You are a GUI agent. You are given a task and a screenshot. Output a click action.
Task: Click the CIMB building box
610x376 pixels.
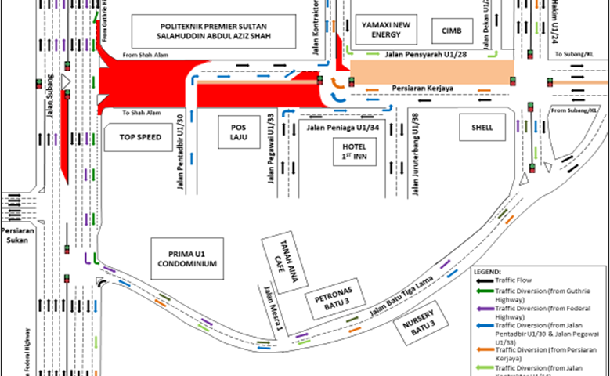click(452, 31)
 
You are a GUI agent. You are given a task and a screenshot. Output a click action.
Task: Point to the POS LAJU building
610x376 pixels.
click(237, 131)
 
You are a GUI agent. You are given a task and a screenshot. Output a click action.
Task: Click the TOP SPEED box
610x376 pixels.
click(140, 137)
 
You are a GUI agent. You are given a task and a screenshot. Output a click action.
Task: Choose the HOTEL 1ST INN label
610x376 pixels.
click(355, 151)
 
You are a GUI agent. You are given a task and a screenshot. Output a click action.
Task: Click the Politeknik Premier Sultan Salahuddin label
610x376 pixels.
click(216, 32)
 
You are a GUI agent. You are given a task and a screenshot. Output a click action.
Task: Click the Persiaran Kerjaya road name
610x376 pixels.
click(426, 89)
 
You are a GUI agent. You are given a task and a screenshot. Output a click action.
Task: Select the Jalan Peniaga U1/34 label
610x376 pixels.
click(344, 126)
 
